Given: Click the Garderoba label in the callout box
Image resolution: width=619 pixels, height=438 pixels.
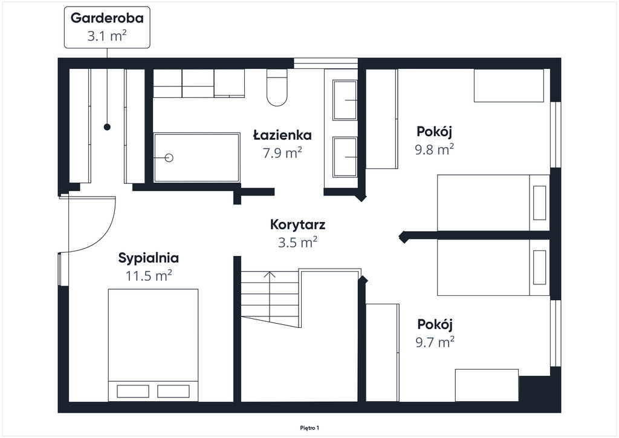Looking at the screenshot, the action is [107, 18].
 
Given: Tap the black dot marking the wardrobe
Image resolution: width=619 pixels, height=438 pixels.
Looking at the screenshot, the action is [107, 127].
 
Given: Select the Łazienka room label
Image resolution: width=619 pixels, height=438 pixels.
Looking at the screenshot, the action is [282, 135].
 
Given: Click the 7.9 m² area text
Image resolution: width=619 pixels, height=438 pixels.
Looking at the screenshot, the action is [282, 152].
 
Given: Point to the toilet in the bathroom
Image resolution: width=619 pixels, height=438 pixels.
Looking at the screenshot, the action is [277, 87].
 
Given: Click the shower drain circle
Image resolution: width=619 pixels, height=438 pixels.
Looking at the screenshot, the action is [169, 158].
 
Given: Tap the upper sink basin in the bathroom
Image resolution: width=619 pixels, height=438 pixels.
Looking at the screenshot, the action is [345, 100].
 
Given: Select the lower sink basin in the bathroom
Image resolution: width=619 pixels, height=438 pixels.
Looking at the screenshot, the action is [345, 157].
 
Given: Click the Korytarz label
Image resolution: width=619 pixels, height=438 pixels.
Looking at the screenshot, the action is [297, 224].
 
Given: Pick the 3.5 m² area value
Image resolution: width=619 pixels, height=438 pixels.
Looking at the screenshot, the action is [297, 242].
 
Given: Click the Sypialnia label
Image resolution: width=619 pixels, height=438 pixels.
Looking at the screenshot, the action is [149, 258].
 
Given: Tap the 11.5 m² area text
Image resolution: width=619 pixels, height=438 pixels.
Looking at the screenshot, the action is [149, 275].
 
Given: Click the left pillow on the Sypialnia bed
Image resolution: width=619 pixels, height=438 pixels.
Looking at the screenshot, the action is [133, 391].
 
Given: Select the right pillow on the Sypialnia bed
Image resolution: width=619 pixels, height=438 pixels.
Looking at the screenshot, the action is [173, 391].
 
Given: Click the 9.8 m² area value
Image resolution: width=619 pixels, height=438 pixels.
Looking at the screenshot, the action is [434, 149].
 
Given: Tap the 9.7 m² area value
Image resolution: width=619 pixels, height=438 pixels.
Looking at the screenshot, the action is [435, 342].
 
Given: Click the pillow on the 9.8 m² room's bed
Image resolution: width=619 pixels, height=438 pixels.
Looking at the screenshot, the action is [540, 203].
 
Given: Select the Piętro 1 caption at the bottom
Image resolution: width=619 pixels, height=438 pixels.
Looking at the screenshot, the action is [309, 428].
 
